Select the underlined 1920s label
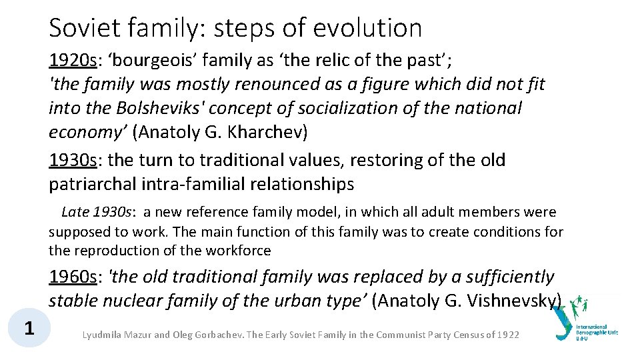pos(73,61)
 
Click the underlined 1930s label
pos(73,160)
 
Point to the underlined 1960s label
pos(73,277)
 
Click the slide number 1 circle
pos(29,328)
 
